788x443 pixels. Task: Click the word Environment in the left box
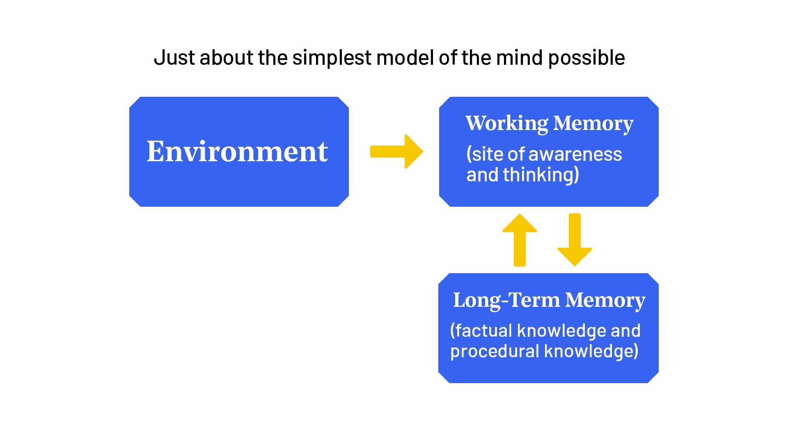click(237, 151)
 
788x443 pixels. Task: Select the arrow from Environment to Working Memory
click(396, 151)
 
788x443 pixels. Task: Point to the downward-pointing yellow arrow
click(575, 240)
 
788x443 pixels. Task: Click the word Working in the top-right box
click(506, 123)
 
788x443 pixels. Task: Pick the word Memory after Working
click(593, 123)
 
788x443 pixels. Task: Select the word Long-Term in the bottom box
click(506, 300)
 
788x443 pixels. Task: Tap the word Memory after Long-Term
click(605, 300)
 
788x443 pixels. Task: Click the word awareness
click(575, 155)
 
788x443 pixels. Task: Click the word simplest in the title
click(332, 58)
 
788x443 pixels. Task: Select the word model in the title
click(405, 57)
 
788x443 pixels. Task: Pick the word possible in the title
click(586, 58)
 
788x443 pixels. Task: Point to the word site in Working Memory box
click(487, 155)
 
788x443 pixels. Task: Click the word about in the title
click(226, 57)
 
